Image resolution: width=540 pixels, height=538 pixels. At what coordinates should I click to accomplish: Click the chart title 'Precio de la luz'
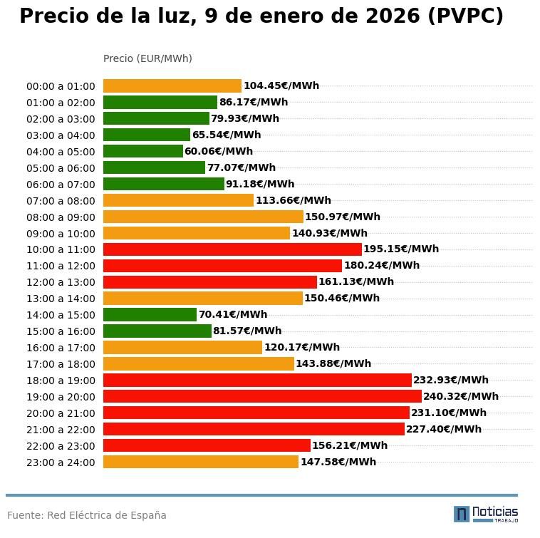click(261, 16)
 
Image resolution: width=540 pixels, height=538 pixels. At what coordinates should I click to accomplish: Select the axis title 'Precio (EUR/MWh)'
click(147, 58)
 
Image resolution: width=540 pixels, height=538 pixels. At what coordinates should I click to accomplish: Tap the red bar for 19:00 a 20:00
click(262, 396)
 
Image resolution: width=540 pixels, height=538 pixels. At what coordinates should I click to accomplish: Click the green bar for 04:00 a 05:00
click(142, 151)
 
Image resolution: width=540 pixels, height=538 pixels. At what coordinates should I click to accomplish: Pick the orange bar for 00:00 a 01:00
click(172, 86)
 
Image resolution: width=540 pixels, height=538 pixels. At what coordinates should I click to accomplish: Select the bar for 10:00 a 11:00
click(232, 249)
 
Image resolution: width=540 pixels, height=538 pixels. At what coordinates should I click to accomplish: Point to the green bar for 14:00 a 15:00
click(150, 314)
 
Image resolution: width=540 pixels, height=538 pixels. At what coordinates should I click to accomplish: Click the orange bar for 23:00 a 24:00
click(200, 462)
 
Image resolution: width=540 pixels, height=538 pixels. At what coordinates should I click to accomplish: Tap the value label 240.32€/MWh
click(460, 396)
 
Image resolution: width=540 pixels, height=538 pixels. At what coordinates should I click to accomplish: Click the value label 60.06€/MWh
click(218, 151)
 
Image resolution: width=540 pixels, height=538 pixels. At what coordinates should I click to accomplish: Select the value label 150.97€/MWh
click(342, 217)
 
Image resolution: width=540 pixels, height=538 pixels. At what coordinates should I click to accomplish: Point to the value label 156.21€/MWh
click(349, 445)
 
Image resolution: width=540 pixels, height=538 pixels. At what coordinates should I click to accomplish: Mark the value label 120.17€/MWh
click(301, 347)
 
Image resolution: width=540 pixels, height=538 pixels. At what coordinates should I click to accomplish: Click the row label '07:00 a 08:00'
click(61, 201)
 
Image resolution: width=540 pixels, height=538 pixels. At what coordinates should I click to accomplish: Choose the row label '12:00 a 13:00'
click(61, 282)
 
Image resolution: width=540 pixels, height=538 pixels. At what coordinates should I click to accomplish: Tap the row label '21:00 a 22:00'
click(61, 430)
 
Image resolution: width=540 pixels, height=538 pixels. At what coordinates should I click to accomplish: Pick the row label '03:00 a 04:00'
click(61, 135)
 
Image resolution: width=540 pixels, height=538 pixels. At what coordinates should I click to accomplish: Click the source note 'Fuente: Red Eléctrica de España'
click(86, 515)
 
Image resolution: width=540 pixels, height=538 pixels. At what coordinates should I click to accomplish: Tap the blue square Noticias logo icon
click(461, 514)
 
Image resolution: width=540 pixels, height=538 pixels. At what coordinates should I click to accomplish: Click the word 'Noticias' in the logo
click(495, 512)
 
